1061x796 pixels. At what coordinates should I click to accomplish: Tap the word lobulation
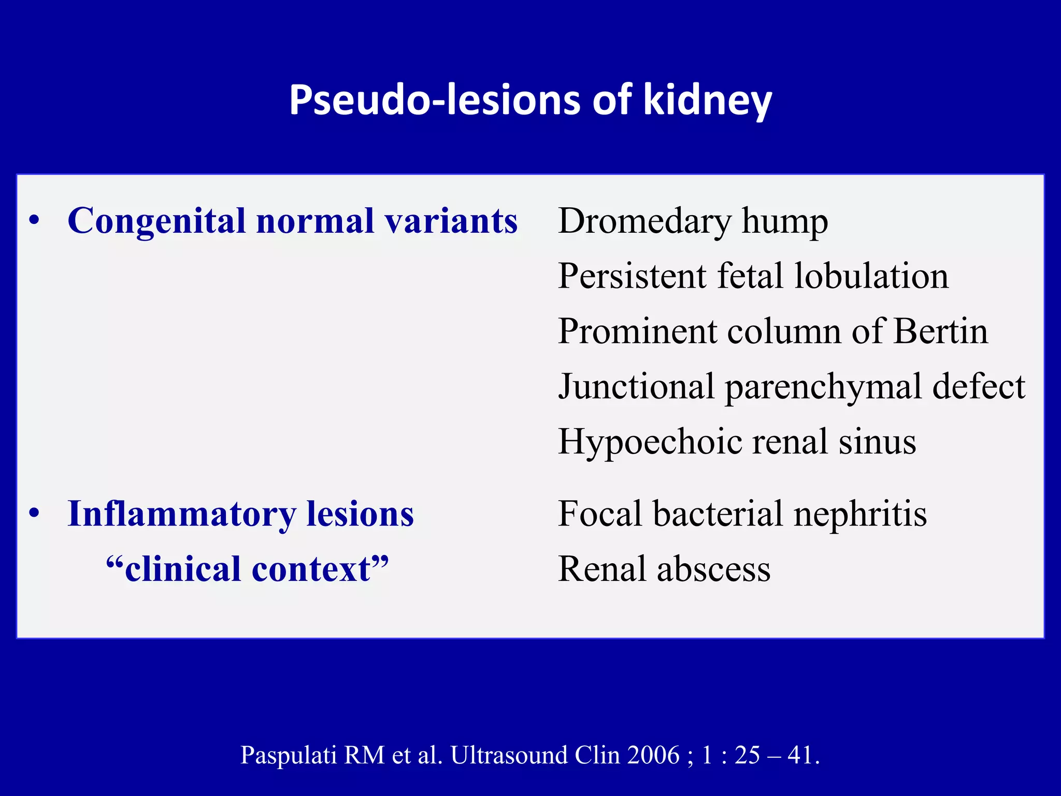point(871,276)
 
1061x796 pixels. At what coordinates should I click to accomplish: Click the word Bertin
point(941,331)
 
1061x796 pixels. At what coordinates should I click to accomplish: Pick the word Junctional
point(636,387)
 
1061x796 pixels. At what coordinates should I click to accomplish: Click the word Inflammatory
point(181,515)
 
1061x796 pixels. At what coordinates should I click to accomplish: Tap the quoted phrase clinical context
point(247,570)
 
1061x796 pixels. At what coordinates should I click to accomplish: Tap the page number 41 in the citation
point(800,755)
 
